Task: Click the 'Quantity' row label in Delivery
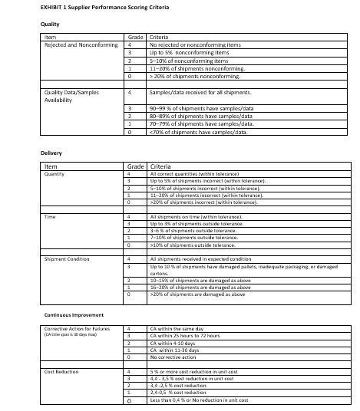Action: (55, 173)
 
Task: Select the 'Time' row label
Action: (51, 217)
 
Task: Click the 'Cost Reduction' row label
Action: (62, 371)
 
